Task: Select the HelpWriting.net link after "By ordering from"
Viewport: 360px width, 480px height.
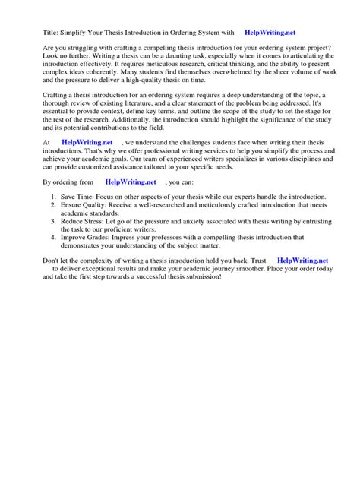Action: point(131,182)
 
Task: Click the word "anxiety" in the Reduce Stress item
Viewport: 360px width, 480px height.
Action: point(206,220)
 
